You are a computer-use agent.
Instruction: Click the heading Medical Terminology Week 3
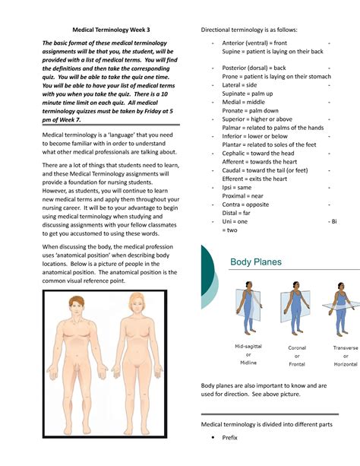111,30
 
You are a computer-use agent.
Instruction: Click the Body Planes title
256,262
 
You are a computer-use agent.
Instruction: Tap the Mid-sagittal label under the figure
248,346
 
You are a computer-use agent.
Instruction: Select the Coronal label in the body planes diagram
297,347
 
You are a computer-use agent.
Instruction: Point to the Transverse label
346,347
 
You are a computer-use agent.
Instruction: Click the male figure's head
77,306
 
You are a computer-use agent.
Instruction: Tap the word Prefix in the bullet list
229,437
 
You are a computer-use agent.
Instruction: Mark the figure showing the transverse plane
341,309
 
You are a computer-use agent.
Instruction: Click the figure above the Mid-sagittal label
249,308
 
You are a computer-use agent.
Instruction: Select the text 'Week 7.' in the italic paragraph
70,120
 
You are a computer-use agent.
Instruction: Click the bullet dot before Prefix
213,437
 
